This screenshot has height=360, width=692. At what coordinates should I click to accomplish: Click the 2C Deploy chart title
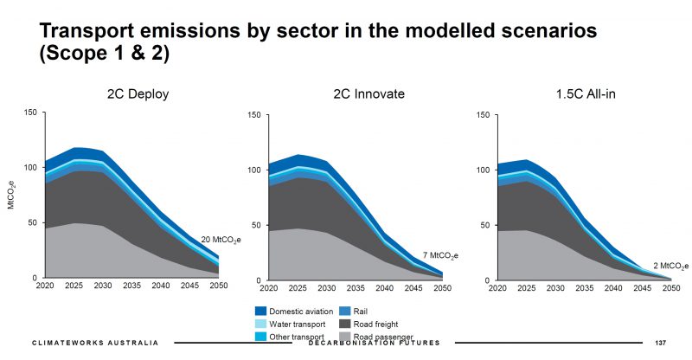[134, 93]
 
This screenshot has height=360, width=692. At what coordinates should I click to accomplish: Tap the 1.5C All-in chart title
[581, 93]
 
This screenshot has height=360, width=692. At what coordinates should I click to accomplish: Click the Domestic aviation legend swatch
[260, 310]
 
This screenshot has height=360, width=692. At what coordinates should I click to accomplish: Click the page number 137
[663, 344]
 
